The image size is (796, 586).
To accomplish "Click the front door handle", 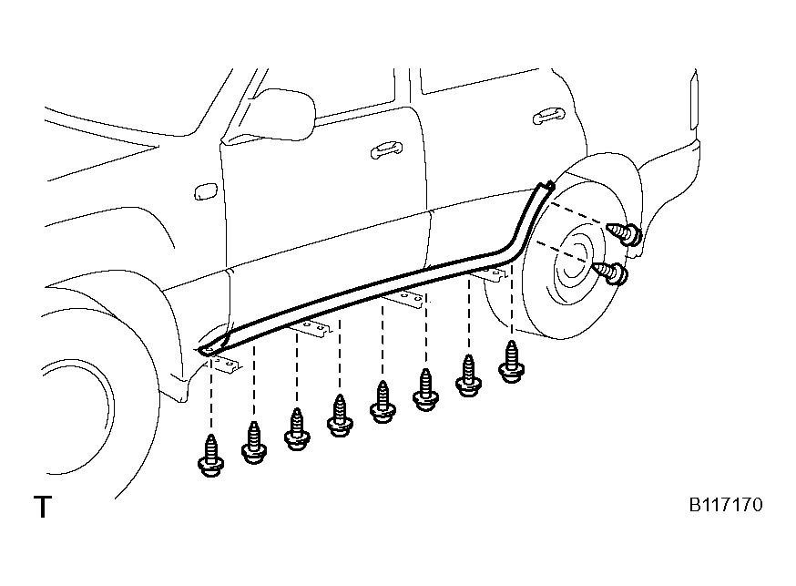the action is [x=386, y=149].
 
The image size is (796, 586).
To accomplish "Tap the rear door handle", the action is [x=548, y=117].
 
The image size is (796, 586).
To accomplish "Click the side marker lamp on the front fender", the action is [x=206, y=191].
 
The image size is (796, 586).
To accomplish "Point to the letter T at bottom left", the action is [x=43, y=507].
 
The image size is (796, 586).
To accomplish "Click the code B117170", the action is [x=726, y=505].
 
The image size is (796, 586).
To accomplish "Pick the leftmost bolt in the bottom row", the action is [x=210, y=456].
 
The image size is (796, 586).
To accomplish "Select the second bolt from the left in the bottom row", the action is [x=254, y=443].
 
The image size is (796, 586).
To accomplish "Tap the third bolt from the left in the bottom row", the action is [x=297, y=429].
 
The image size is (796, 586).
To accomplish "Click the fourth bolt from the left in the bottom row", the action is [x=340, y=416].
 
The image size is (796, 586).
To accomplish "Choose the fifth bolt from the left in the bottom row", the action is [x=383, y=402].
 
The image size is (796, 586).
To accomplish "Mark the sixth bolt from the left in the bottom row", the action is [x=425, y=389].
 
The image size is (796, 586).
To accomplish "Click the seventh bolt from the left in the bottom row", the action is [x=468, y=375].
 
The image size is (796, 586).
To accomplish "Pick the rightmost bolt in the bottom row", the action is [x=511, y=362].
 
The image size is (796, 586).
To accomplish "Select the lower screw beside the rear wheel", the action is [x=612, y=272].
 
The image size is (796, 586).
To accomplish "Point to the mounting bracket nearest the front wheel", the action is [x=225, y=365].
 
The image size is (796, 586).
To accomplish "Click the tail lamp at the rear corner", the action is [x=693, y=100].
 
